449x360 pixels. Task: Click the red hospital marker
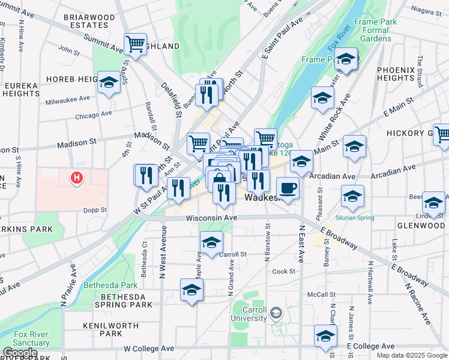point(77,178)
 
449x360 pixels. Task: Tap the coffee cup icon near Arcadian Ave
point(288,188)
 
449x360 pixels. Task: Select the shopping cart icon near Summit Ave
point(135,44)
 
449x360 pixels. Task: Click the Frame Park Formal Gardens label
point(375,30)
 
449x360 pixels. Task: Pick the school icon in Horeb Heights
point(109,83)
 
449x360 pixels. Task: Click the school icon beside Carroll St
point(211,243)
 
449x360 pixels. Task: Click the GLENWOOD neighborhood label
point(420,226)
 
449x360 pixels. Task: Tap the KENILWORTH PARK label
point(103,329)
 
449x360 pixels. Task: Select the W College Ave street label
point(149,348)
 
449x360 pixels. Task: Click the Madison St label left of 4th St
point(77,145)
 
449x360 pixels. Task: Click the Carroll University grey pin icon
point(276,312)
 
